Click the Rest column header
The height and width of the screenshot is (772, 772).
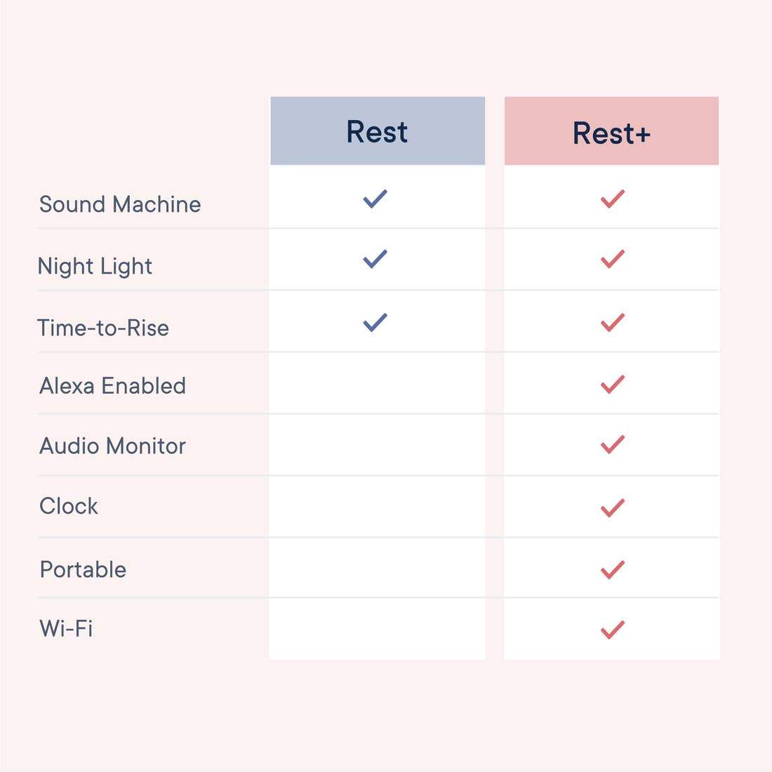tap(377, 131)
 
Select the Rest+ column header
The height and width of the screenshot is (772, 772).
tap(611, 133)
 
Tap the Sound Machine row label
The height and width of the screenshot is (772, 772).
tap(120, 204)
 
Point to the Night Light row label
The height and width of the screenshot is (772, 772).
tap(95, 266)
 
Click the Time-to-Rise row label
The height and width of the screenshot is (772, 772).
tap(103, 328)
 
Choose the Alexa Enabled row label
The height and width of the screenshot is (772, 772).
tap(112, 385)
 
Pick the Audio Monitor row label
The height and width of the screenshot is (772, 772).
tap(112, 446)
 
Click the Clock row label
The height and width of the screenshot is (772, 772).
tap(69, 506)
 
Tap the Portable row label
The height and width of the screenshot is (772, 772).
tap(83, 569)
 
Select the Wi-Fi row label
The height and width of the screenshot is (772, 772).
tap(66, 628)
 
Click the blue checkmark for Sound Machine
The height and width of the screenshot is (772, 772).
tap(375, 199)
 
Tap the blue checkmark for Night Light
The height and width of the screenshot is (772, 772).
tap(375, 259)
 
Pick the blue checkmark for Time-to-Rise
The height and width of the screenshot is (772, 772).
tap(375, 322)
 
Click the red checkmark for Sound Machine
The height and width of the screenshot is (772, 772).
tap(612, 199)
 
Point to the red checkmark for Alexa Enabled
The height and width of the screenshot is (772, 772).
tap(612, 384)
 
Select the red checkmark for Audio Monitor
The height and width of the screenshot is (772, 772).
tap(612, 444)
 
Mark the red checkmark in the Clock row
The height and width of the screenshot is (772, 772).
tap(612, 507)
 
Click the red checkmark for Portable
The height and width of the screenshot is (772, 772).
tap(612, 569)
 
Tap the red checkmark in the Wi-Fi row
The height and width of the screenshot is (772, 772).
tap(612, 630)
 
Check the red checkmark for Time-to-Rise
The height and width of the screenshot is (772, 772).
tap(612, 322)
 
